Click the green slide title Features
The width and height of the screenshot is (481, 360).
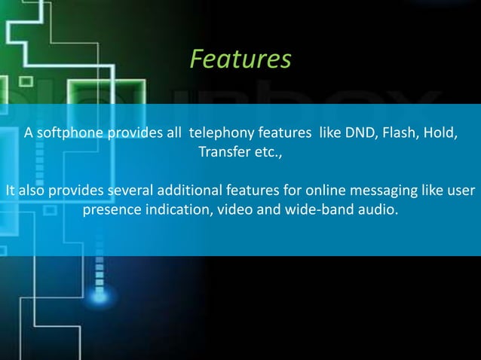point(240,59)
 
